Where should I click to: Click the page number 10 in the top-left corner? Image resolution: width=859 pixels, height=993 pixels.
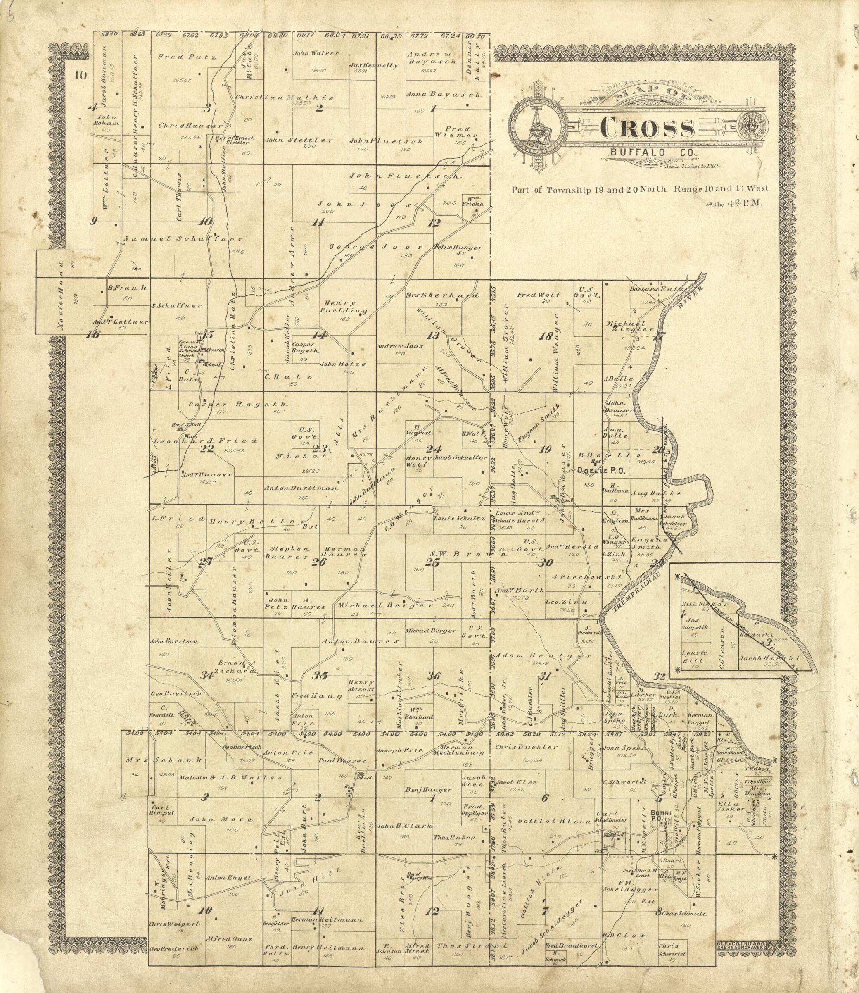81,75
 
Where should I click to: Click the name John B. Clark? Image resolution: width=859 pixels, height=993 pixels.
404,826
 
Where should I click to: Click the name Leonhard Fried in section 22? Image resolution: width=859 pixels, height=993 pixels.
205,441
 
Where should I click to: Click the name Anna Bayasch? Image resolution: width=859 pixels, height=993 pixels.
444,95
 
